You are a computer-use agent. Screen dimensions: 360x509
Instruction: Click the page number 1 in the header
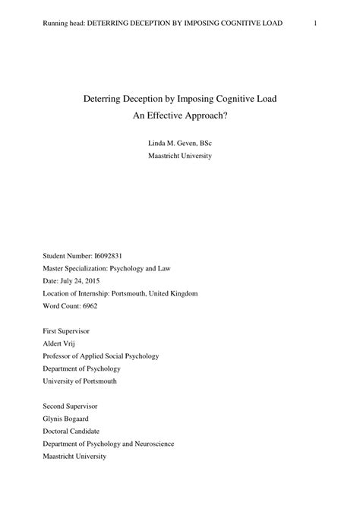tap(314, 24)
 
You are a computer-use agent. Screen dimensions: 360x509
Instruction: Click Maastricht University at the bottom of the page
tap(74, 456)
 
